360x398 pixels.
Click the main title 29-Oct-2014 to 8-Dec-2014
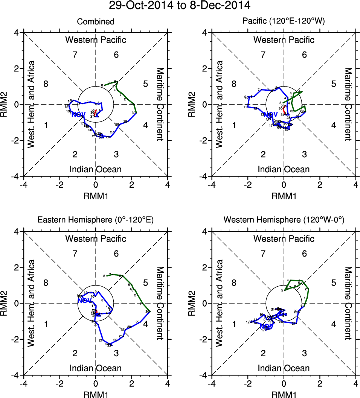180,6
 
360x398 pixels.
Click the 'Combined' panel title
96,22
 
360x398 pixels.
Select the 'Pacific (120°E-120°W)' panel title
284,22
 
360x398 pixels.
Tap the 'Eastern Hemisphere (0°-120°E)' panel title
96,220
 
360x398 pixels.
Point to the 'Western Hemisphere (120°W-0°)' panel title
284,220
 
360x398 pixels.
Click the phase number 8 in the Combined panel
46,84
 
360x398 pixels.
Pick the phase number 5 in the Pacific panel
333,84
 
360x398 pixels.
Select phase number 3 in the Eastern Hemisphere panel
116,353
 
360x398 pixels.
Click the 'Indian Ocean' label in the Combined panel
96,169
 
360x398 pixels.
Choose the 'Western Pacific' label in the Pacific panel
284,40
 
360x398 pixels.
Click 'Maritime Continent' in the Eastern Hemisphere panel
160,303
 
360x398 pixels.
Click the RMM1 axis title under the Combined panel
96,196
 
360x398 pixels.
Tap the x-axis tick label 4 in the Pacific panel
356,185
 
